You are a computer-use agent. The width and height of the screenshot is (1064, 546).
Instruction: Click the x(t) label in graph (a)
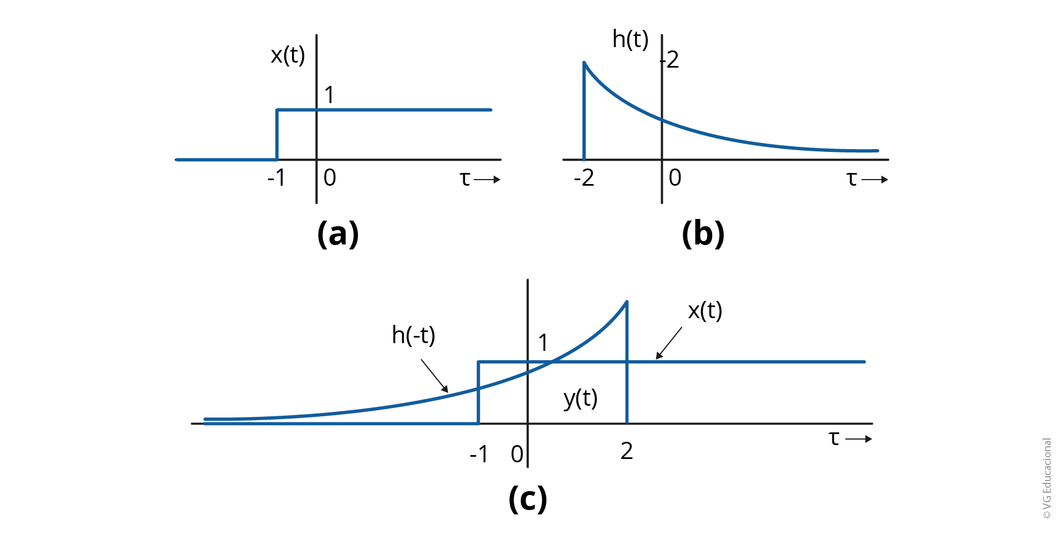pos(288,55)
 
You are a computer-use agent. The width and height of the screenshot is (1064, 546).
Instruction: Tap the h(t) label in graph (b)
pos(630,39)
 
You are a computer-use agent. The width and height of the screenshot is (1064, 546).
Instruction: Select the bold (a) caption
pos(338,233)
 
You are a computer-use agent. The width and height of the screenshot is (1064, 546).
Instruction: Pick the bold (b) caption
pos(703,233)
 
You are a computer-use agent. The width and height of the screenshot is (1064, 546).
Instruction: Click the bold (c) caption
pos(528,498)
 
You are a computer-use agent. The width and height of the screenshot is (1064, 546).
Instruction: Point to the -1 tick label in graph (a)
pos(277,177)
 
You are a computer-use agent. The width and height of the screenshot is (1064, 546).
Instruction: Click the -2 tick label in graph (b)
pos(584,177)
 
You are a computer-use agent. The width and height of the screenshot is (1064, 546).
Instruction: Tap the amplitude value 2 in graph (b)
pos(673,60)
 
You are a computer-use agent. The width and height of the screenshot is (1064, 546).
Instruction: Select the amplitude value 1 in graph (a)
pos(330,95)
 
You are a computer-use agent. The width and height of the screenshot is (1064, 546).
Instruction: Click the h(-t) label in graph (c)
pos(413,335)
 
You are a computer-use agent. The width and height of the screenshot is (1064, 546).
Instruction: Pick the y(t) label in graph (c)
pos(580,398)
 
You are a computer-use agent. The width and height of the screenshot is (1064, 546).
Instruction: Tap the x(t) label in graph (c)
pos(705,311)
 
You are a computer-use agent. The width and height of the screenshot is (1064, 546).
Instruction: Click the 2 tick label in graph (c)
pos(627,451)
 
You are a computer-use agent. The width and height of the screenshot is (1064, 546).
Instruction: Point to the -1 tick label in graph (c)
pos(479,455)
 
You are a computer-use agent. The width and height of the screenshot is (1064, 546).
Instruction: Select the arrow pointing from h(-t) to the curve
pos(434,376)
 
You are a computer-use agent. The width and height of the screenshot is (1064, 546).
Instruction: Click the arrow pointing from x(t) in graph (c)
pos(669,343)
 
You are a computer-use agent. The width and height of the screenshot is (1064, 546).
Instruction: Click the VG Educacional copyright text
pos(1047,478)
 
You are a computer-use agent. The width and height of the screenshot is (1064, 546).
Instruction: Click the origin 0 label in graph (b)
pos(675,177)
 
